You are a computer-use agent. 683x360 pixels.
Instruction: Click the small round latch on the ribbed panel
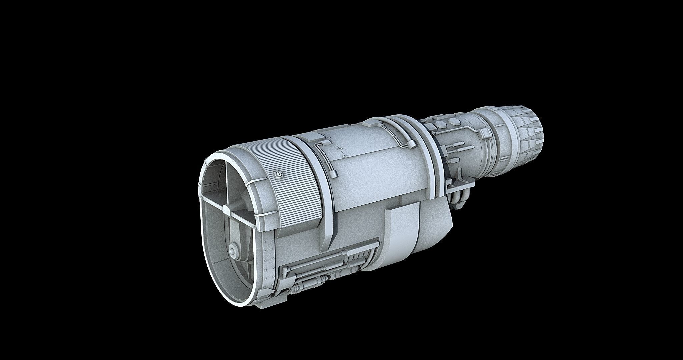(279, 174)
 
